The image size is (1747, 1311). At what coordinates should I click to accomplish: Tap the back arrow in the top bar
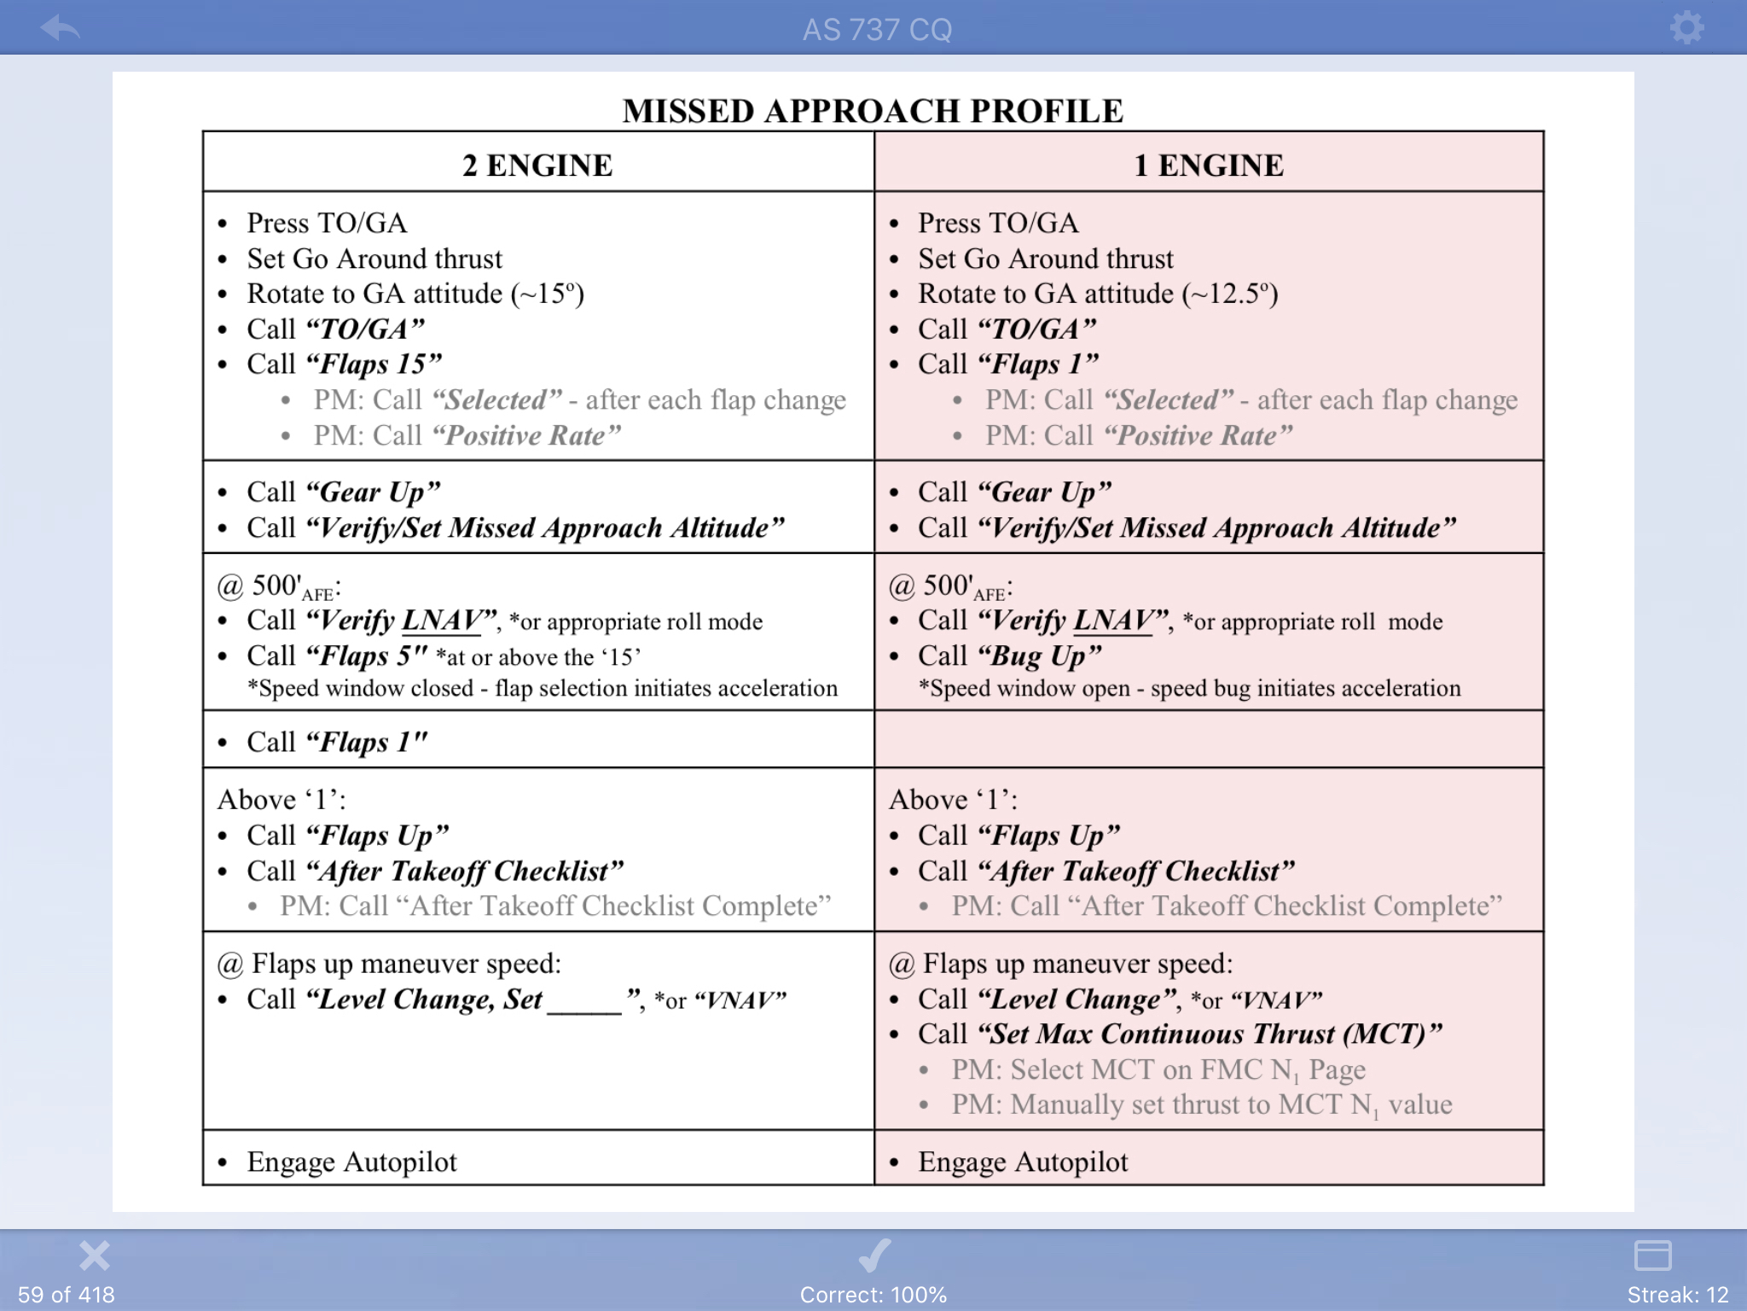pyautogui.click(x=60, y=28)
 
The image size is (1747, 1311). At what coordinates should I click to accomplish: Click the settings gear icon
pyautogui.click(x=1686, y=28)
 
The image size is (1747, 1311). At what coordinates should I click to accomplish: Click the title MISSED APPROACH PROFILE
pyautogui.click(x=873, y=111)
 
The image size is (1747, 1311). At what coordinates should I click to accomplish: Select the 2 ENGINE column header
pyautogui.click(x=537, y=165)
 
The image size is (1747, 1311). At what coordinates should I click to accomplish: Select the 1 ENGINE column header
pyautogui.click(x=1208, y=165)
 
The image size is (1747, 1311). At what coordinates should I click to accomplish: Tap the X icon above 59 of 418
pyautogui.click(x=94, y=1256)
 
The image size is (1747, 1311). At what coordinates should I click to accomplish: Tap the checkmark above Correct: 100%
pyautogui.click(x=873, y=1256)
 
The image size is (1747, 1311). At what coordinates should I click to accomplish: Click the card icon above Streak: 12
pyautogui.click(x=1652, y=1256)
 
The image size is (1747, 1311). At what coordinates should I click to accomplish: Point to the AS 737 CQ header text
pyautogui.click(x=877, y=30)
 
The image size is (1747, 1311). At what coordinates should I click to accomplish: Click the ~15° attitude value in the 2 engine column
pyautogui.click(x=548, y=294)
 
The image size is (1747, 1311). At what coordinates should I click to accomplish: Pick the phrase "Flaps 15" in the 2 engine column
pyautogui.click(x=374, y=364)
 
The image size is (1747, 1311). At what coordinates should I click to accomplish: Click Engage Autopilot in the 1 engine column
pyautogui.click(x=1023, y=1162)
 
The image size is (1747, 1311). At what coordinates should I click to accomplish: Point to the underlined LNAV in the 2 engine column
pyautogui.click(x=441, y=621)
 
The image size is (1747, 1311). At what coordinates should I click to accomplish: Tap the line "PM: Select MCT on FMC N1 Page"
pyautogui.click(x=1158, y=1070)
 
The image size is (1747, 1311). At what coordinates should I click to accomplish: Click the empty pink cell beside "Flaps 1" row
pyautogui.click(x=1209, y=739)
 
